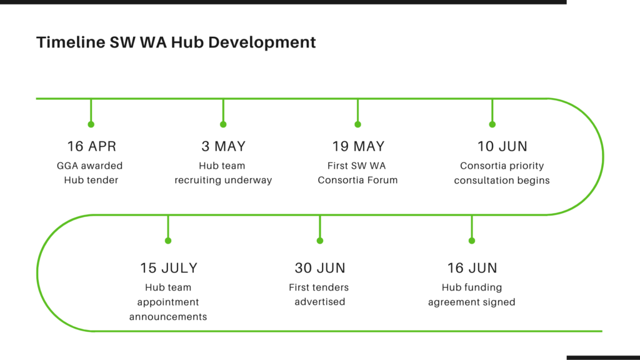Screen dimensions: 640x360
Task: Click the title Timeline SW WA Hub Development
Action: pos(176,42)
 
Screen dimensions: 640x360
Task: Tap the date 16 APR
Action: pos(92,146)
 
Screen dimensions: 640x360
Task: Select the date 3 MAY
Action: pos(223,146)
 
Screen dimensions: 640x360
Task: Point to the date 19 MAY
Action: pos(358,146)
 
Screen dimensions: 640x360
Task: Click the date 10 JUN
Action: pos(502,146)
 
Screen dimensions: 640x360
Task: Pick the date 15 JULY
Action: pos(169,267)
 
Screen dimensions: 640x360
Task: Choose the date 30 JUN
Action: pos(320,267)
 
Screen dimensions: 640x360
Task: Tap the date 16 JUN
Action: pos(472,267)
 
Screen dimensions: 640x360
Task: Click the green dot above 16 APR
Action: pos(91,124)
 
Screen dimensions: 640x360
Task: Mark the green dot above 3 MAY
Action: pos(223,124)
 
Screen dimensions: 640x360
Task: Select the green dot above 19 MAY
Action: pos(358,124)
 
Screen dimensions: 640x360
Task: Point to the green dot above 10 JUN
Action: pos(492,124)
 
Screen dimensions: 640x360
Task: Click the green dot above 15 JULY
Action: pos(168,241)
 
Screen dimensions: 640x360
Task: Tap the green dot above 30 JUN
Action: pos(320,241)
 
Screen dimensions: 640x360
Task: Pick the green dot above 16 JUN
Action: pos(472,241)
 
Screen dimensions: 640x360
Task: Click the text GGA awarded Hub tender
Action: pos(90,172)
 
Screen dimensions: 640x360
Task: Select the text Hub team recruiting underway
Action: pos(223,172)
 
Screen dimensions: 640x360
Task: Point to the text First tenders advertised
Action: pos(319,294)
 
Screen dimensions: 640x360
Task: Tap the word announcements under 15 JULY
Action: pos(168,317)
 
